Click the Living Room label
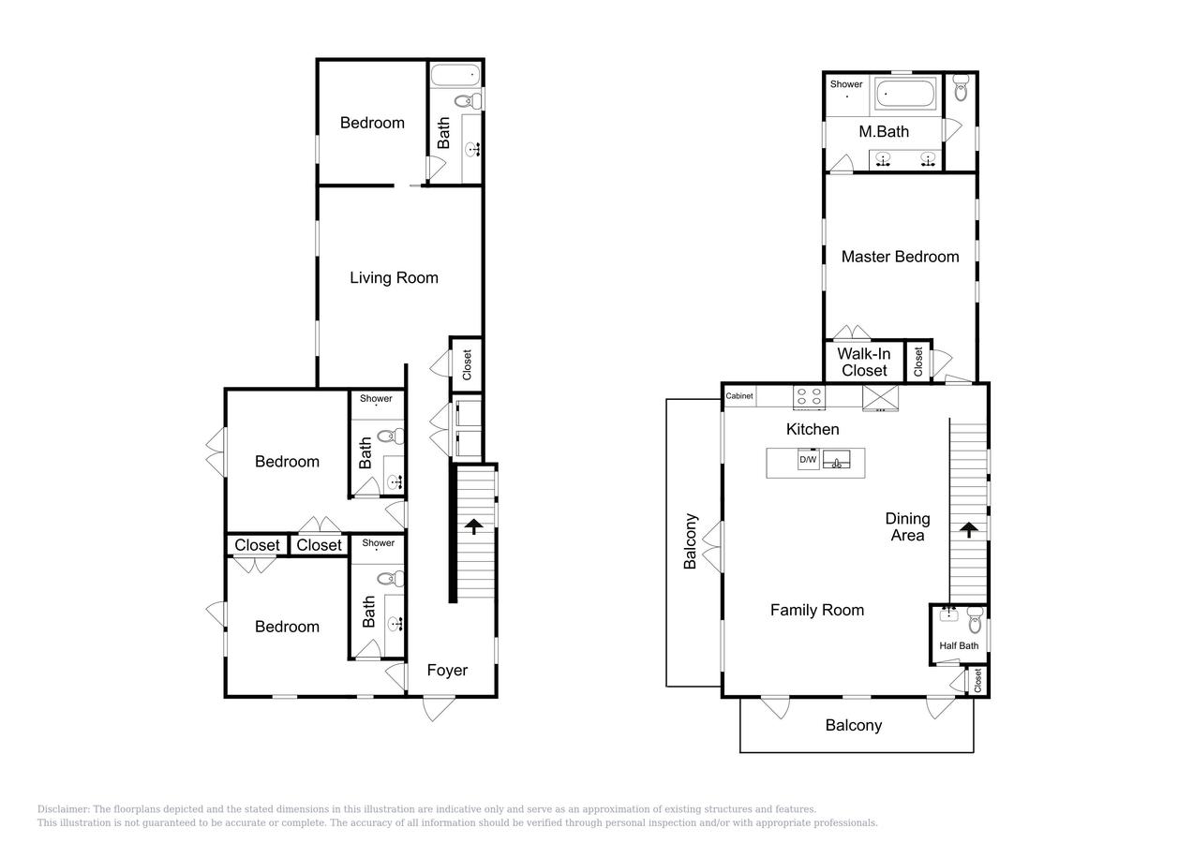[x=394, y=278]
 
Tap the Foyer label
[x=447, y=670]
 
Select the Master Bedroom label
[x=900, y=257]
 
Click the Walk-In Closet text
[x=863, y=362]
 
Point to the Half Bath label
[x=959, y=645]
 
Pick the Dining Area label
[x=907, y=526]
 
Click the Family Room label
[x=817, y=610]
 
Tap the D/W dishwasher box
[x=808, y=460]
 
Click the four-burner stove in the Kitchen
[x=809, y=397]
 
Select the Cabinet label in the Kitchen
[x=739, y=396]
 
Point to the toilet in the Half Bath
[x=975, y=620]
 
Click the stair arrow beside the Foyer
[x=473, y=526]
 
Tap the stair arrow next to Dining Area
[x=969, y=529]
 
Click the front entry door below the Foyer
[x=439, y=708]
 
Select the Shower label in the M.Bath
[x=845, y=84]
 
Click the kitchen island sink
[x=836, y=459]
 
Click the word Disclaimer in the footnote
[x=64, y=809]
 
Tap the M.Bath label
[x=884, y=131]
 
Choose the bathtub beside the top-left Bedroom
[x=455, y=76]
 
